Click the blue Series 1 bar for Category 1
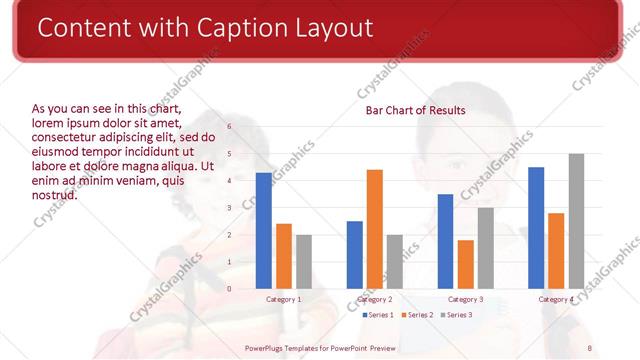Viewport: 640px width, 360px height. point(264,231)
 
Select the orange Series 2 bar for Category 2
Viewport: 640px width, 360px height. point(375,229)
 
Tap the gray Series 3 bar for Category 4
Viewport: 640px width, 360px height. point(576,221)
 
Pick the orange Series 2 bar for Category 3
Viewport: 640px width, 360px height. point(465,264)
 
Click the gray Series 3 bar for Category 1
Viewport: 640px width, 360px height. point(304,262)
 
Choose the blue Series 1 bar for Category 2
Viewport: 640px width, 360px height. point(355,255)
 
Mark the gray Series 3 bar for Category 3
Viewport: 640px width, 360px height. point(485,248)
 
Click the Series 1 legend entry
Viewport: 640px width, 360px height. point(377,315)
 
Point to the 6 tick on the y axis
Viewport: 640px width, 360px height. point(230,127)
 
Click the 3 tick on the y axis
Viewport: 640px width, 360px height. point(230,208)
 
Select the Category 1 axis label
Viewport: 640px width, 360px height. point(284,299)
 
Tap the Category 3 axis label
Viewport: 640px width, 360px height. point(465,299)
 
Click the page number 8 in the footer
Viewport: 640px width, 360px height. point(589,346)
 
